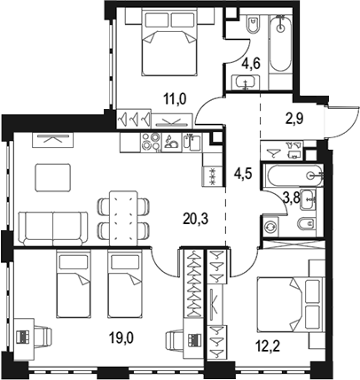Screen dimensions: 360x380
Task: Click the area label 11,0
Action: coord(176,99)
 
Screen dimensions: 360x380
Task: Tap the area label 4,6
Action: coord(251,64)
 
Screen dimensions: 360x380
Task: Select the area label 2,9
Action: coord(294,119)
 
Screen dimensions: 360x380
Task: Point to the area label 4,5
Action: coord(243,174)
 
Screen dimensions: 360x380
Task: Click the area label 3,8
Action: coord(292,198)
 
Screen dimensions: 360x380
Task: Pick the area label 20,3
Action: coord(196,219)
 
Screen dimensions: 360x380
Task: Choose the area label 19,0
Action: coord(121,337)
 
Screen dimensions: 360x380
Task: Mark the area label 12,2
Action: coord(267,345)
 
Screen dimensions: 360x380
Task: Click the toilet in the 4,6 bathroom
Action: coord(254,25)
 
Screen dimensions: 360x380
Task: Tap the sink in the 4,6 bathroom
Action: coord(246,82)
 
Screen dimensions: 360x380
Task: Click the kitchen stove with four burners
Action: coord(152,143)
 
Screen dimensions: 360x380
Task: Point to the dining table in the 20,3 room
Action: coord(123,218)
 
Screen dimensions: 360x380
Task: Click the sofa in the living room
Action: coord(53,229)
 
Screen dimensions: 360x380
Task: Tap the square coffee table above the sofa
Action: coord(53,178)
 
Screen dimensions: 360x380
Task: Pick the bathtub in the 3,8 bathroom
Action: coord(293,175)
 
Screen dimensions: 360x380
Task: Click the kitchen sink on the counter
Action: coord(192,143)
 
